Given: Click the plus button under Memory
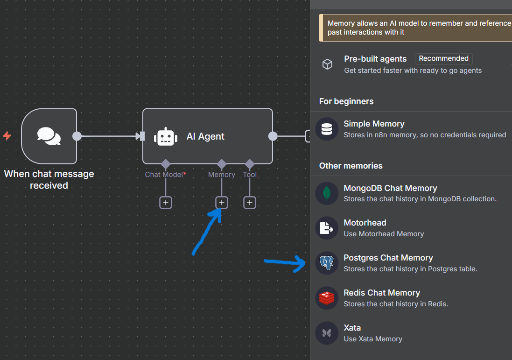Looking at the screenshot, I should tap(222, 203).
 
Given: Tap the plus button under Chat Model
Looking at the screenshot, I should tap(166, 203).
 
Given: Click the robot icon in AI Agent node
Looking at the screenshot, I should tap(166, 136).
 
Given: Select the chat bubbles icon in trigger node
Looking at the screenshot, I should tap(49, 136).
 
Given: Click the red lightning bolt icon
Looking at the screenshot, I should tap(7, 136).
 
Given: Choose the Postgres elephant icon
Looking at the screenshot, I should tap(327, 263).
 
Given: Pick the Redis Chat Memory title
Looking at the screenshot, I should tap(382, 293).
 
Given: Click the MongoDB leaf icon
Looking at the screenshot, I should tap(327, 193).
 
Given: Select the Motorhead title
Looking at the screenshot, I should tap(365, 223).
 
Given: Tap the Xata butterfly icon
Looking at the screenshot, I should tap(327, 333).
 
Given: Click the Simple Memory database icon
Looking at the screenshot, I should tap(327, 129).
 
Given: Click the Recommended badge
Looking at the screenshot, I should tap(443, 59).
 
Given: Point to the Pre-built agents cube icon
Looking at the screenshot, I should tap(328, 64).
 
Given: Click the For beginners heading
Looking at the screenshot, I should tap(346, 101).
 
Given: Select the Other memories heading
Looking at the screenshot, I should tap(351, 166).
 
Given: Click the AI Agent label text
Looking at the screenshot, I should tap(205, 136).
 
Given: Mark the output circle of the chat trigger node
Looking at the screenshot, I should tap(77, 136).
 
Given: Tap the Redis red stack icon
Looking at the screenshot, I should tap(327, 298).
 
